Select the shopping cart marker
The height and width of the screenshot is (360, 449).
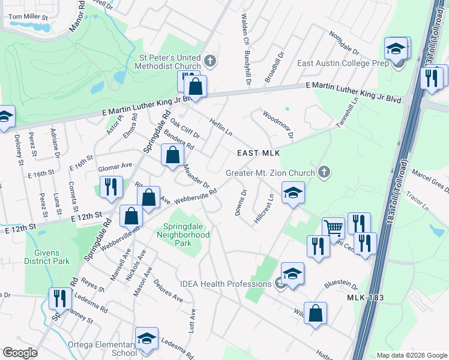click(333, 228)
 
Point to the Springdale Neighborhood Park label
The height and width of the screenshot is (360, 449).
click(187, 235)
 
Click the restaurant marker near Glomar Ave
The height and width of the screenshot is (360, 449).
click(110, 187)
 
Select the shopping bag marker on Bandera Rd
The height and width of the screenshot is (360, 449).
click(172, 155)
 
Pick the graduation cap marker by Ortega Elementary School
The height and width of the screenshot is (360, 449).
click(146, 338)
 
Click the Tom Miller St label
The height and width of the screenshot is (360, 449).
click(28, 18)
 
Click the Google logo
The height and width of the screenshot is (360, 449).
click(20, 353)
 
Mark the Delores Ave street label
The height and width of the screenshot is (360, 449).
click(168, 290)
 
